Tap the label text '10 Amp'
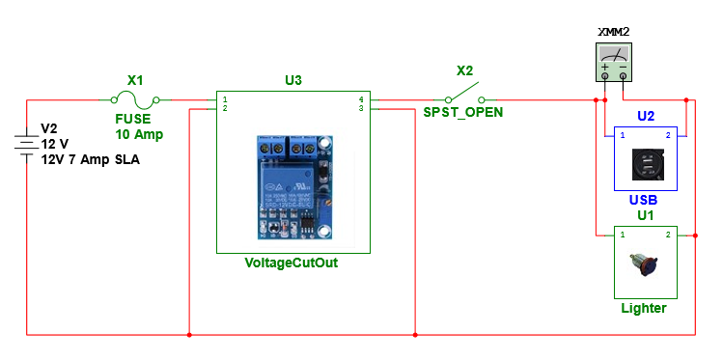point(135,133)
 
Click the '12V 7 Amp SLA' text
point(90,159)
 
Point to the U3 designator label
point(293,80)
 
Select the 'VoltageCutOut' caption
point(292,263)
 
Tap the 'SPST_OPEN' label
point(462,112)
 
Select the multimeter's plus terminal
point(605,75)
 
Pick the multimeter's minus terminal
point(623,75)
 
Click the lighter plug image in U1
point(644,263)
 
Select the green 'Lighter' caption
point(644,308)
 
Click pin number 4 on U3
point(360,99)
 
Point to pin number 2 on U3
point(224,109)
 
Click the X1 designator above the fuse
point(136,81)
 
